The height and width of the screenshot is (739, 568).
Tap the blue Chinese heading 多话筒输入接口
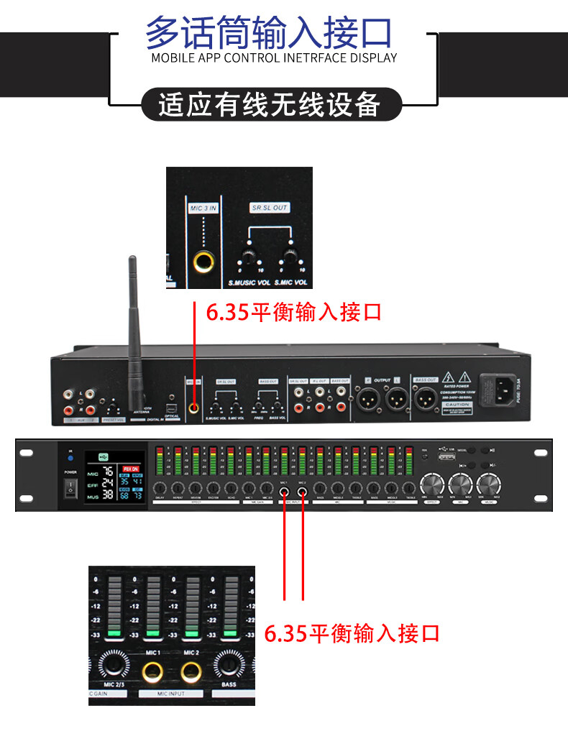(x=270, y=33)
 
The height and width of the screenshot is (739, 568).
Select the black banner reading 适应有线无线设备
(x=270, y=105)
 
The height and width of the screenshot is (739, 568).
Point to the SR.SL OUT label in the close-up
(x=269, y=208)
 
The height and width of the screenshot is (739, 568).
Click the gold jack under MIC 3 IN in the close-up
(x=203, y=263)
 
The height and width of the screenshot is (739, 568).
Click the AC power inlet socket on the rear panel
(x=504, y=392)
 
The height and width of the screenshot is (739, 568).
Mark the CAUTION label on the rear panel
(x=457, y=405)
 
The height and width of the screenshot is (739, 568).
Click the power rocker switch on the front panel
(x=70, y=488)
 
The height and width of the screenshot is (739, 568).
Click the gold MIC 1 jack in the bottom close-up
(x=152, y=672)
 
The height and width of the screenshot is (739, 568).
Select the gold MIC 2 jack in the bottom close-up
(x=191, y=672)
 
